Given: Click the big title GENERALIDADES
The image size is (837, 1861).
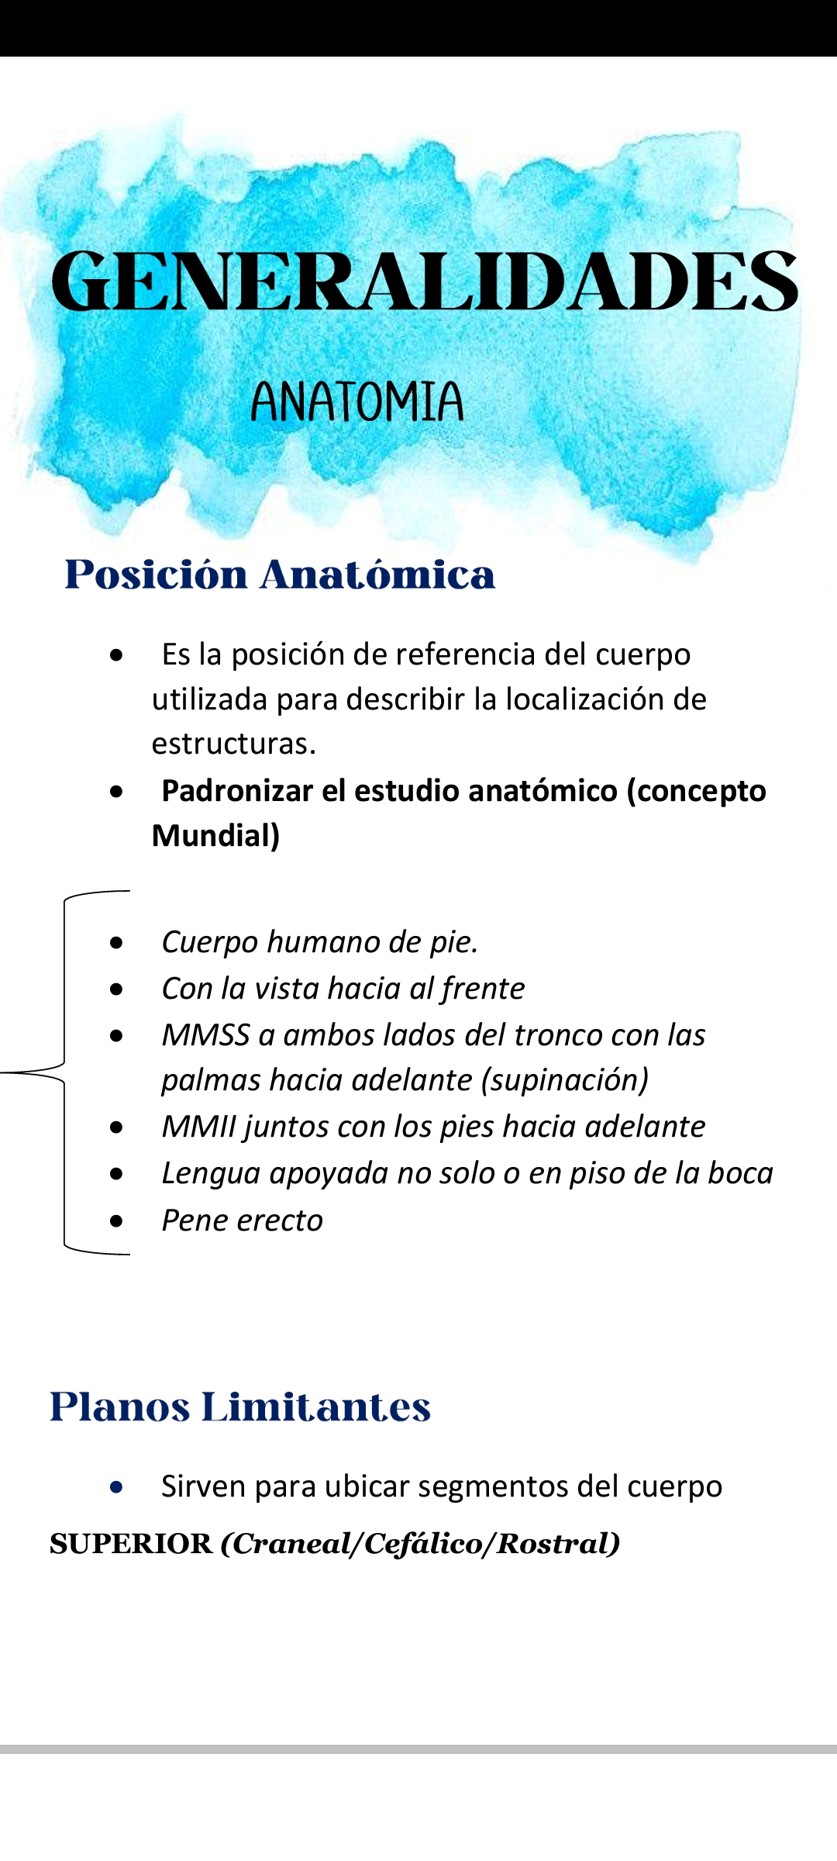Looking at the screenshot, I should tap(424, 281).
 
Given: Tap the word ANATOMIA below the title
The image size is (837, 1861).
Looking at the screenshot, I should tap(356, 402).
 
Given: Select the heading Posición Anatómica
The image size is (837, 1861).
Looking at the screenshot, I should tap(280, 575).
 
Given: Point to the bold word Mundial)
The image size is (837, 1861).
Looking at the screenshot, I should tap(215, 836).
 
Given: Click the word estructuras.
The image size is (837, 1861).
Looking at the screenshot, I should tap(233, 744).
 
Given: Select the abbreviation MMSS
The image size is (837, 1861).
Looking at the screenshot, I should tap(205, 1035).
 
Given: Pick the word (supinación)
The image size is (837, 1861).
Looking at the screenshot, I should tap(565, 1080).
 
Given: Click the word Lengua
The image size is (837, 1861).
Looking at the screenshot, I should tap(209, 1174).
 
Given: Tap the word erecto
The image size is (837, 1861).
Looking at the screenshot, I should tap(280, 1221).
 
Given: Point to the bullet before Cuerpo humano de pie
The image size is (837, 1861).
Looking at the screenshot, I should tap(116, 943).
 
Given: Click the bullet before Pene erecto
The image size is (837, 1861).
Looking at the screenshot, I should tap(116, 1221).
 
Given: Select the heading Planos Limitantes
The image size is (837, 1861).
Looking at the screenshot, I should tap(239, 1407).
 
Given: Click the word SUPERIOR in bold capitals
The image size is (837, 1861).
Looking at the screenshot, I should tap(130, 1544).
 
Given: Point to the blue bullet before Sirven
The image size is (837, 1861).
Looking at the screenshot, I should tap(116, 1487).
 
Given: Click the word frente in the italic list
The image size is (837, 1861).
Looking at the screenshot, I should tap(483, 989).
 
